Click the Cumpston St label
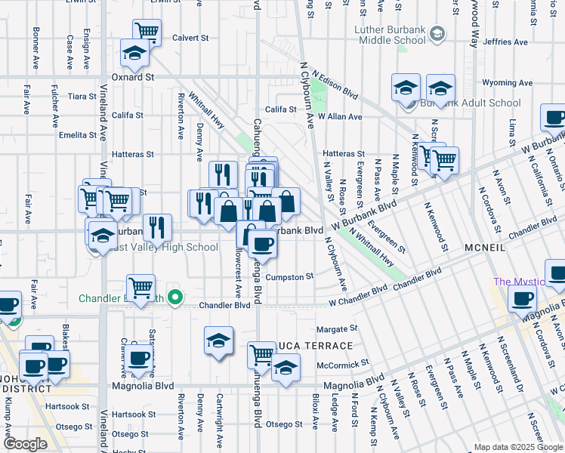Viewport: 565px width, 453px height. (x=289, y=277)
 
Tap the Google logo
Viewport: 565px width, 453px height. (x=26, y=444)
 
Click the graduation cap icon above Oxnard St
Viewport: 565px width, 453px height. (x=134, y=53)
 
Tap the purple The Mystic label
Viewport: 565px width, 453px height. (x=519, y=282)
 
